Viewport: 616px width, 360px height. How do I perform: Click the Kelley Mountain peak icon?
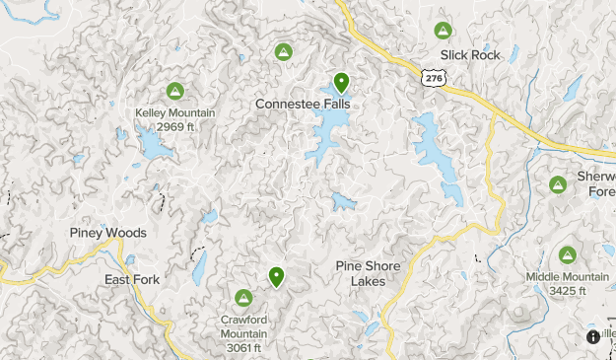174,92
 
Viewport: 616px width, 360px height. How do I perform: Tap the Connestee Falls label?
303,104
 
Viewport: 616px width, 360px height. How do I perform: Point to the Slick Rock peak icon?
444,31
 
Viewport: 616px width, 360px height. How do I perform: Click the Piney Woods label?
108,233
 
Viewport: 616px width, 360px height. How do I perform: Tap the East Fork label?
132,280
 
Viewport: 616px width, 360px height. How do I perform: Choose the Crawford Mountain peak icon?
243,297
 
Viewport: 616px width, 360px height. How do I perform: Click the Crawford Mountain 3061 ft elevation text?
243,347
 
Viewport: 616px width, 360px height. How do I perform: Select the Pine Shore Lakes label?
368,273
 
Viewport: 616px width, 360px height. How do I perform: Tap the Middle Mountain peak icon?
568,255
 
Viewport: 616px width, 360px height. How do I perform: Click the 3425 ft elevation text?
568,291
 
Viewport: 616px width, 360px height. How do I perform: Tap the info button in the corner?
593,336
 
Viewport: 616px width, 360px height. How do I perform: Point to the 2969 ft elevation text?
174,126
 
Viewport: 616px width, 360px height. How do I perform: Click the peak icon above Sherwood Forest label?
558,184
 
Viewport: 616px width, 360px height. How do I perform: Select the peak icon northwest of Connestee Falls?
283,51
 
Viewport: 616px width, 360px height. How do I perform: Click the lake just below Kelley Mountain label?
156,147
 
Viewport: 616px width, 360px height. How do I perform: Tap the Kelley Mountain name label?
174,112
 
